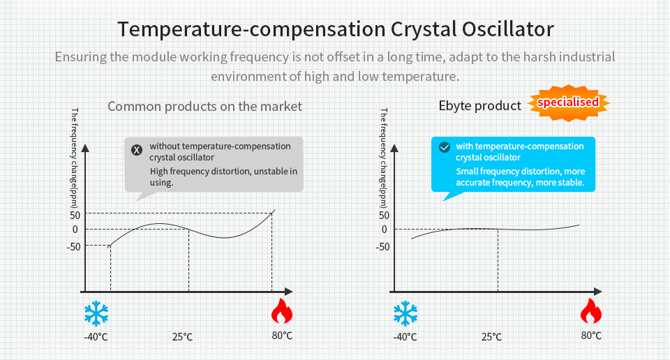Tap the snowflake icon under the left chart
(x=96, y=313)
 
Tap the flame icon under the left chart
(x=282, y=312)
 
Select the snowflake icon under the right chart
(x=405, y=313)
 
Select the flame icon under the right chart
(x=590, y=312)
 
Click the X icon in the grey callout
(x=137, y=149)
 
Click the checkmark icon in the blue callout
(x=444, y=147)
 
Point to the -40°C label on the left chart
(x=96, y=337)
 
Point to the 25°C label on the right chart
(x=491, y=337)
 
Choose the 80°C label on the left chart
(x=282, y=336)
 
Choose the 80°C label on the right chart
(x=591, y=336)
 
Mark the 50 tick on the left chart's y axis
(x=74, y=214)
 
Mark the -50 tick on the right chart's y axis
(x=382, y=246)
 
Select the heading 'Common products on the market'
(x=204, y=107)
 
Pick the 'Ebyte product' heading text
(x=479, y=106)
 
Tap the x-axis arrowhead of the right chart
(x=597, y=290)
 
